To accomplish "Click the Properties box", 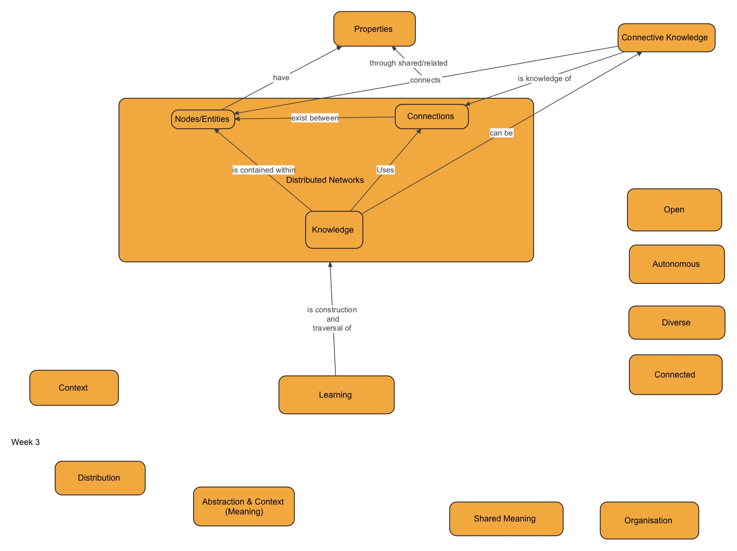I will point(374,29).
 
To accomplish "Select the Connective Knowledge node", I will point(666,38).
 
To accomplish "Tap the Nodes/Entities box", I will point(203,119).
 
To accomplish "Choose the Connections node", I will point(431,116).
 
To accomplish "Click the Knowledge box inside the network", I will point(334,230).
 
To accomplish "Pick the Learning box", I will point(336,395).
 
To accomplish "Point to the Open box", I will point(674,210).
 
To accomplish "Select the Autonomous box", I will point(676,264).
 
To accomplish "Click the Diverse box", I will point(676,323).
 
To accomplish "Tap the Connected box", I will point(675,375).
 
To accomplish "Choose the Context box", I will point(74,388).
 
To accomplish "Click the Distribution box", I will point(99,478).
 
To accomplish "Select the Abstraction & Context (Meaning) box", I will point(243,506).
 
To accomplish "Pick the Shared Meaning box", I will point(506,519).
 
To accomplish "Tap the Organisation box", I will point(649,521).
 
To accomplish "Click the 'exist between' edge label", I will point(315,118).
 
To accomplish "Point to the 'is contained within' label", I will point(263,170).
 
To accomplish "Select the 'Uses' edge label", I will point(385,170).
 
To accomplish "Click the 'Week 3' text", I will point(25,442).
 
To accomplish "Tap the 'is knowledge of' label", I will point(544,78).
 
